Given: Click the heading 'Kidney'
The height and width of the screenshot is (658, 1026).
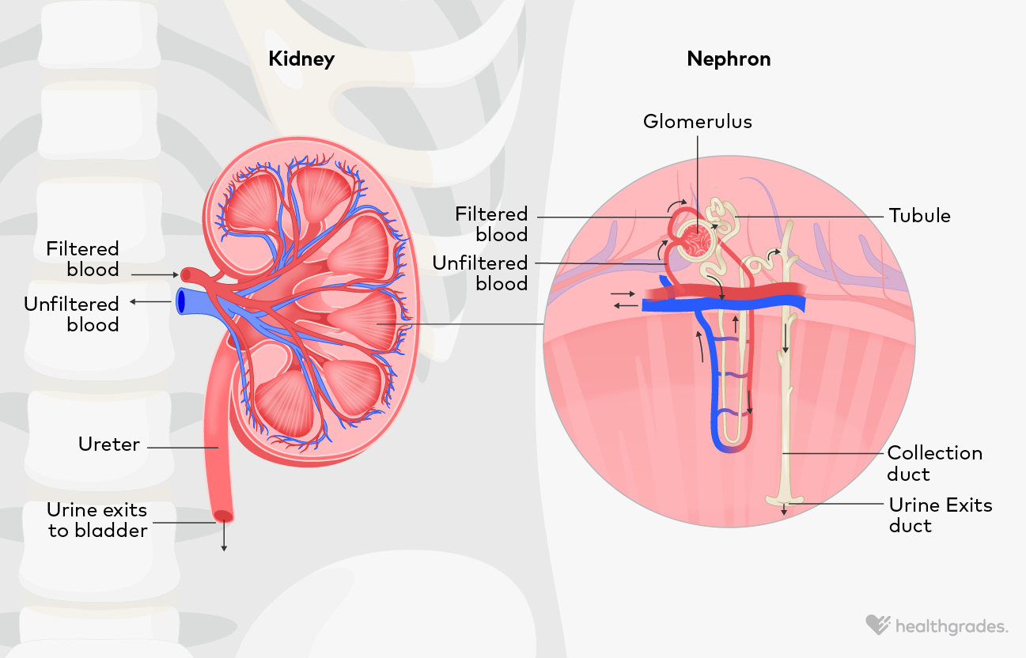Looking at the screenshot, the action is tap(301, 59).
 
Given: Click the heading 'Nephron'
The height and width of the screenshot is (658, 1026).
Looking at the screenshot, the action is tap(729, 59).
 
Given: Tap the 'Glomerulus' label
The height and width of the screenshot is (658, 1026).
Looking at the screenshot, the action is tap(697, 121).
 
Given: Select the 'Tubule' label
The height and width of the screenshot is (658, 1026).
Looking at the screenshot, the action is tap(919, 216).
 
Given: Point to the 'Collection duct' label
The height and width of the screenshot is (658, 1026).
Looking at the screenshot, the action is tap(934, 463).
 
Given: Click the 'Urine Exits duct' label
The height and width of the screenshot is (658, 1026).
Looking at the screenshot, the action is tap(940, 516).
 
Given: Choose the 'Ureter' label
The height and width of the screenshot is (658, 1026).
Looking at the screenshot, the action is tap(109, 444).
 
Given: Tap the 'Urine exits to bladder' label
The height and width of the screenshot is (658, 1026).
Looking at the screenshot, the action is tap(97, 520).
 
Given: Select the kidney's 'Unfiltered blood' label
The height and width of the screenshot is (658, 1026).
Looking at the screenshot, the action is tap(71, 314).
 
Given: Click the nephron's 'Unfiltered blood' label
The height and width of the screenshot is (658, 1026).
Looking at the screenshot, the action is tap(479, 273).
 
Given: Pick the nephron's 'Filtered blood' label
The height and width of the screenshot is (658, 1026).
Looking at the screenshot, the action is tap(491, 224).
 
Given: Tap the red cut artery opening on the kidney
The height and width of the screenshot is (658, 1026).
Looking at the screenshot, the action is tap(187, 274).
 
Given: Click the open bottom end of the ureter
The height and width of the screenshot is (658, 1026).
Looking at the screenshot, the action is tap(224, 516).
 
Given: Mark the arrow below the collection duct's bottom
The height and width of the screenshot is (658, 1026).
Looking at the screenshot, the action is tap(784, 510).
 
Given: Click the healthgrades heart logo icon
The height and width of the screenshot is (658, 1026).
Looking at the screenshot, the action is tap(877, 626).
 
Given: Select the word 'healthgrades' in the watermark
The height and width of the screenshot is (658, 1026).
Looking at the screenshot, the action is tap(952, 627).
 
